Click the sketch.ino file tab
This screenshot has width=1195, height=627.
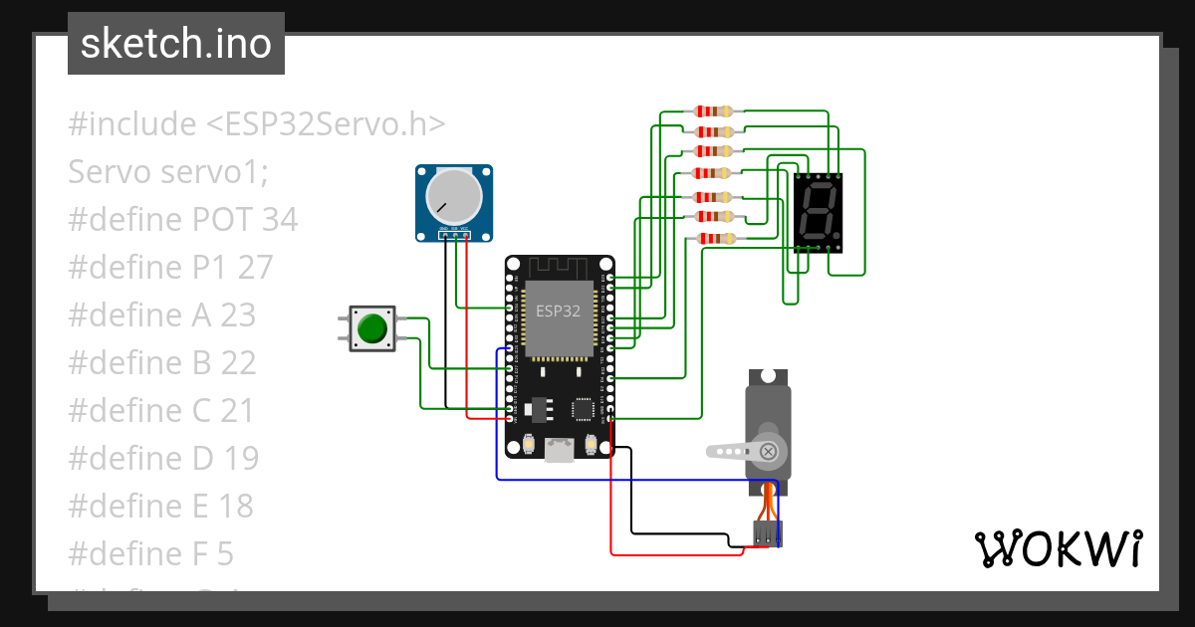tap(176, 44)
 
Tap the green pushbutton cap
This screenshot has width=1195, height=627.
tap(372, 328)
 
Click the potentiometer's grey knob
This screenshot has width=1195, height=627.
tap(453, 195)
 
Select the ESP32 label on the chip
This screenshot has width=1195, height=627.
tap(558, 311)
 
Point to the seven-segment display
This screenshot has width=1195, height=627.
tap(819, 212)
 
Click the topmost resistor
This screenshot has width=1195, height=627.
tap(714, 111)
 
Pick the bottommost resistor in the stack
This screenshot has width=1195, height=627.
tap(714, 238)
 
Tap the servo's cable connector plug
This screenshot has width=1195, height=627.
tap(767, 533)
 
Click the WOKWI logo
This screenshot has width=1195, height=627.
tap(1058, 548)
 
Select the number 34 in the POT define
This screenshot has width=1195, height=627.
tap(280, 220)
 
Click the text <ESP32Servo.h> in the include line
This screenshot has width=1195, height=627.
tap(326, 124)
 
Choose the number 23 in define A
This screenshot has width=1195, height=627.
tap(238, 315)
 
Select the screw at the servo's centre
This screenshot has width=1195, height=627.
tap(769, 452)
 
